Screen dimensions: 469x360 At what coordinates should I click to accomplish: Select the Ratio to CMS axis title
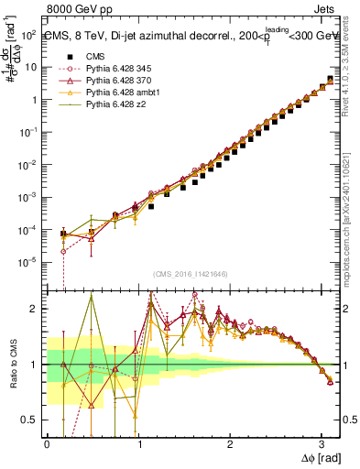pyautogui.click(x=12, y=364)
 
